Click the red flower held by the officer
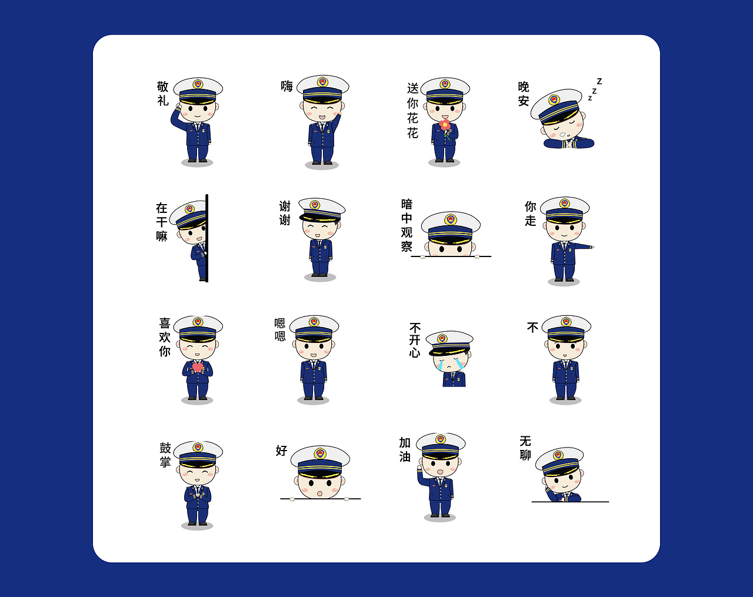[x=444, y=124]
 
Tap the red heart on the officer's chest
[x=197, y=367]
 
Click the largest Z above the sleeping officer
[x=599, y=81]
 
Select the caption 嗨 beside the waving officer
[x=286, y=86]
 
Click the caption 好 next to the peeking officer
[x=281, y=451]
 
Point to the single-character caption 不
[x=532, y=328]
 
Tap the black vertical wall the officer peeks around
[x=207, y=238]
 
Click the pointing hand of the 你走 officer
[x=592, y=247]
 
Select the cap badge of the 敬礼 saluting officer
[x=198, y=84]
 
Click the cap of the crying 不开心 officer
[x=449, y=342]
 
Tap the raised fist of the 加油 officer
[x=419, y=468]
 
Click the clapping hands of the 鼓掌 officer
[x=197, y=495]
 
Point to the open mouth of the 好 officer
[x=319, y=493]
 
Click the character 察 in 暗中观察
[x=407, y=246]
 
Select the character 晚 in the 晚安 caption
[x=524, y=86]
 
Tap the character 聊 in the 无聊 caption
[x=525, y=455]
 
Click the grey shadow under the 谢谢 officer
[x=320, y=277]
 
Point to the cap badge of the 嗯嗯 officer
[x=314, y=322]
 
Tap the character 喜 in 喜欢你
[x=165, y=323]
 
